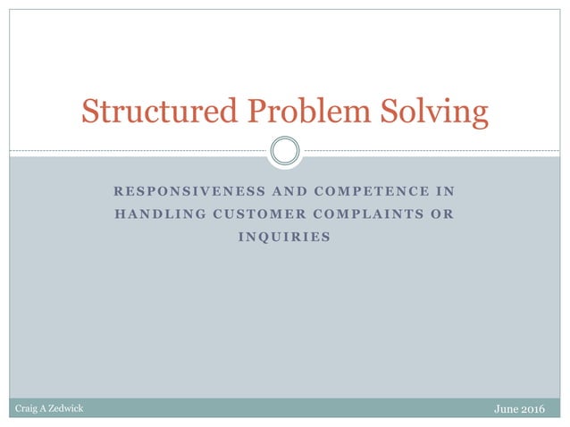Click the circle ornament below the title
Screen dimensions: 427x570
click(x=284, y=150)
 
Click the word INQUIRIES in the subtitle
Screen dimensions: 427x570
click(x=285, y=237)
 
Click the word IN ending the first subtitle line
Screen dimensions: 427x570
click(x=445, y=191)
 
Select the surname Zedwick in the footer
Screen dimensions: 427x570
click(x=68, y=408)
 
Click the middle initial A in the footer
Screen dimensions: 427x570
click(x=44, y=408)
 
